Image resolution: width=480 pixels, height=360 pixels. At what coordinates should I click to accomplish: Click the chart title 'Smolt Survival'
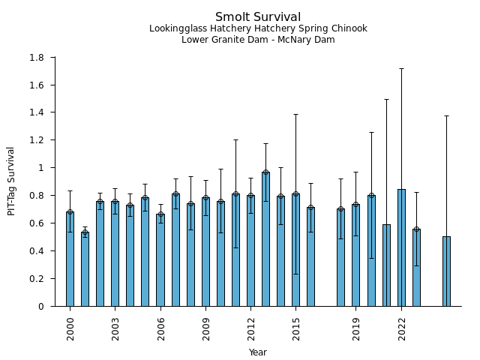[258, 17]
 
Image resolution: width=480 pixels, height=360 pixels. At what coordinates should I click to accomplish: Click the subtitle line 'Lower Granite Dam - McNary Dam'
[258, 40]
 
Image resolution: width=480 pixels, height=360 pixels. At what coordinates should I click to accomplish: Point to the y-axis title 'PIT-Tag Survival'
[11, 181]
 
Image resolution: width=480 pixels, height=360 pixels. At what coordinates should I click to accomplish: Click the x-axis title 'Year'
[258, 352]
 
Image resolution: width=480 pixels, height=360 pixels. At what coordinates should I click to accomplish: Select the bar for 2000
[70, 259]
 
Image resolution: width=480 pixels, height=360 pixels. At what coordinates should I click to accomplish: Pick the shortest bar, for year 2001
[85, 269]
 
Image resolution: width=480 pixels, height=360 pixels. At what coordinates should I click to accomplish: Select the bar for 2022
[401, 247]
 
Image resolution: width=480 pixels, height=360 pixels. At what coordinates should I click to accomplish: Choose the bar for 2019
[356, 255]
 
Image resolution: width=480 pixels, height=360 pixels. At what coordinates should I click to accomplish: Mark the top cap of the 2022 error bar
[401, 68]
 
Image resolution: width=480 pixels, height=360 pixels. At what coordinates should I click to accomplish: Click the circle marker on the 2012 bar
[250, 196]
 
